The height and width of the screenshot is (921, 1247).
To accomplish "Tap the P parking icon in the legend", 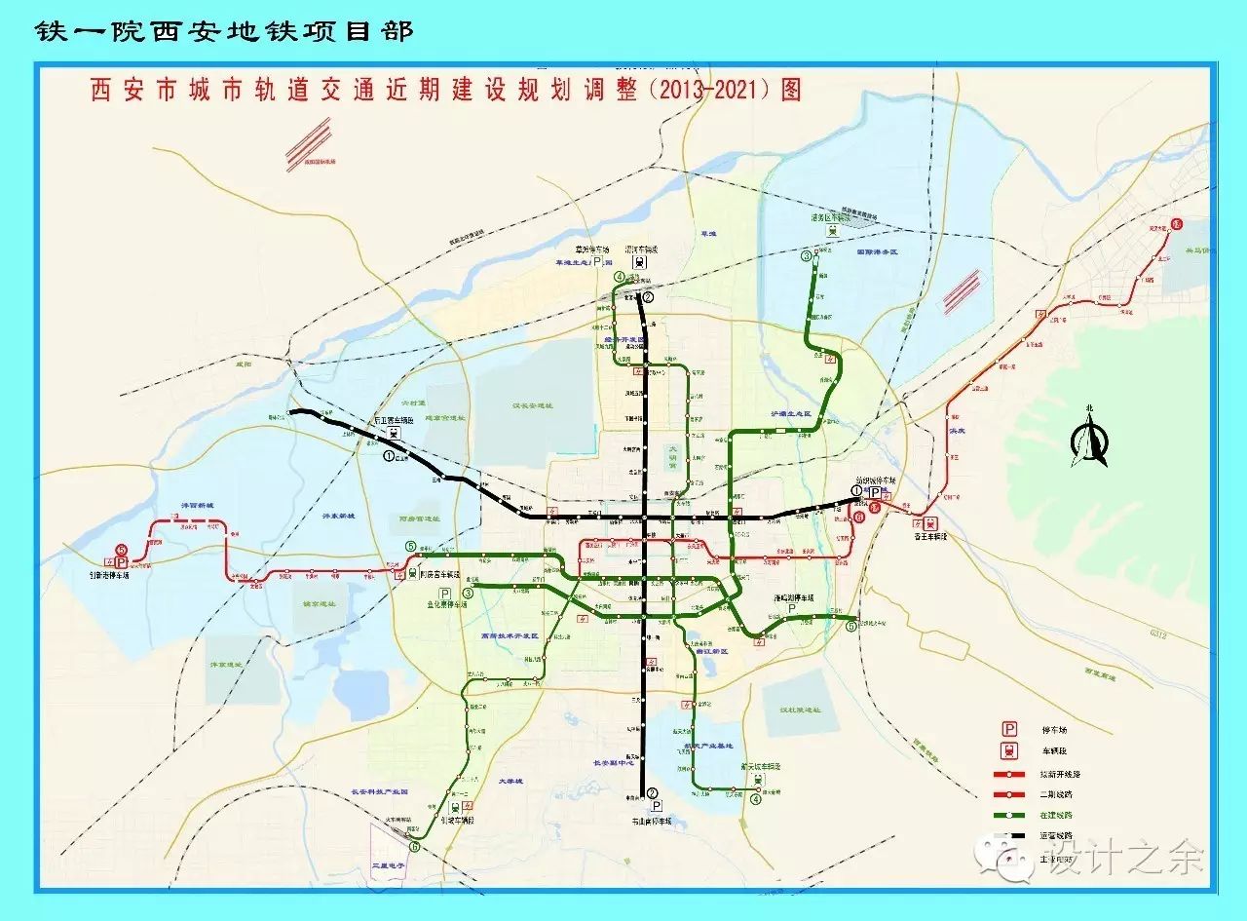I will pos(1010,728).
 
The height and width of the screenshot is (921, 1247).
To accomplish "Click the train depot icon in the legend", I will pos(1010,750).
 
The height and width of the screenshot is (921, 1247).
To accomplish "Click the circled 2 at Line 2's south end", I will pos(652,793).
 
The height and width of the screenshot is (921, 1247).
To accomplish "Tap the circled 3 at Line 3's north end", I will pos(807,256).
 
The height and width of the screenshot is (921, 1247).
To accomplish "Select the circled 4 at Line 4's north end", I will pos(620,277).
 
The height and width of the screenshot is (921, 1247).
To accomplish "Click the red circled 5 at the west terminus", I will pos(121,550).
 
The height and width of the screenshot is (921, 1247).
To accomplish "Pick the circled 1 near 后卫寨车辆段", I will pos(390,454).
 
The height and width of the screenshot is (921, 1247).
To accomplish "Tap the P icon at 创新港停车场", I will pos(122,562).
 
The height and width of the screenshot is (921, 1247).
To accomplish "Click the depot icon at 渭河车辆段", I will pos(639,263).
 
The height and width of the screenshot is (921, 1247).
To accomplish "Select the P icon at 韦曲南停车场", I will pos(657,807).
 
